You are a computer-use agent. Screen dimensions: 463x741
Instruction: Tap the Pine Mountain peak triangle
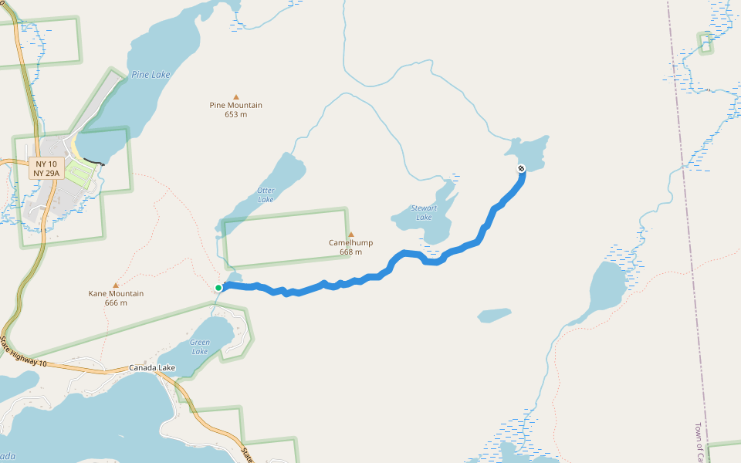pos(235,96)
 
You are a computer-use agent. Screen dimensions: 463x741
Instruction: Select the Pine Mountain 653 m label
pos(235,110)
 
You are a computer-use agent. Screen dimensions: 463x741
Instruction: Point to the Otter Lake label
pos(266,195)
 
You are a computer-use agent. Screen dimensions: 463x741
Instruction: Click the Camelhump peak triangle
pos(351,234)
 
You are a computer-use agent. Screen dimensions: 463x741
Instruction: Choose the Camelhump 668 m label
pos(350,247)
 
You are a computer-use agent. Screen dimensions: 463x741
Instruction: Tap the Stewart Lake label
pos(424,212)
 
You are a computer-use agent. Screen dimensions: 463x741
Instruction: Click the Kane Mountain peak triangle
pos(116,285)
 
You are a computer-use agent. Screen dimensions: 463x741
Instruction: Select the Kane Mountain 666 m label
pos(116,298)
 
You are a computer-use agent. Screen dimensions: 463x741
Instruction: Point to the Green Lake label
pos(199,346)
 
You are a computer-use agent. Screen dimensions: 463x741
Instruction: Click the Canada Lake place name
pos(152,368)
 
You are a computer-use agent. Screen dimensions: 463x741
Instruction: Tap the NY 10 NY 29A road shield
pos(46,168)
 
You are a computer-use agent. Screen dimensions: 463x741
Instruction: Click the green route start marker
pos(218,288)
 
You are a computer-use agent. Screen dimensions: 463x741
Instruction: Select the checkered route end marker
pos(521,168)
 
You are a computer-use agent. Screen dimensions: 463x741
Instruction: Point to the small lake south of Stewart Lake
pos(494,315)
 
